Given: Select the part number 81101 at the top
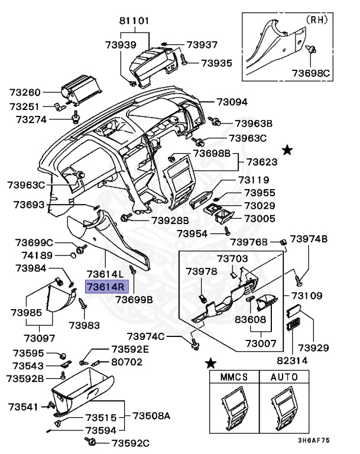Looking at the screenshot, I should click(134, 20).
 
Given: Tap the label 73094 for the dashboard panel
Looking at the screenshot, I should click(232, 102).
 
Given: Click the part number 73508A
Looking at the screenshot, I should click(151, 416).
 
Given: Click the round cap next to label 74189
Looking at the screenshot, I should click(73, 255).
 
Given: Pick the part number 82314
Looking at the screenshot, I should click(292, 358).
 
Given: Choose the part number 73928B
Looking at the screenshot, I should click(170, 220).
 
